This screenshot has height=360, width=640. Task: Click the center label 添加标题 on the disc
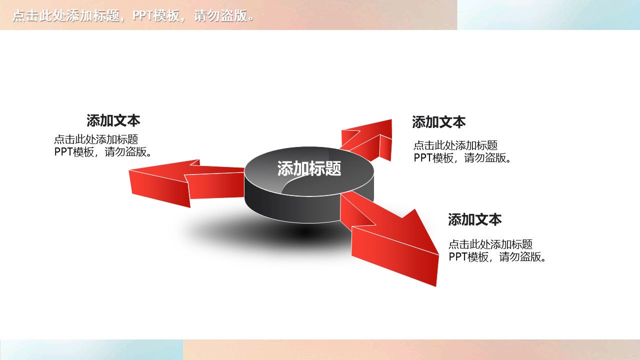(309, 169)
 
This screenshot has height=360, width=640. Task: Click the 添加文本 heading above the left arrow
(113, 120)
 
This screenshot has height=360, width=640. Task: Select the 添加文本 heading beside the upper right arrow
(438, 122)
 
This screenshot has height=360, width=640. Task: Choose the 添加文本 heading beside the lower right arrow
(474, 219)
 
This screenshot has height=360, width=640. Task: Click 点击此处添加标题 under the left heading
(96, 139)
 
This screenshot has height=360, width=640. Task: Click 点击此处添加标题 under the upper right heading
(455, 145)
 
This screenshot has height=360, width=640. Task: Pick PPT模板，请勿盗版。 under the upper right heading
(463, 158)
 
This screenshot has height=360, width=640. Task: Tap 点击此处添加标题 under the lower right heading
(490, 244)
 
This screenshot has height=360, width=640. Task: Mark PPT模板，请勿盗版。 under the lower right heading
(498, 257)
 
